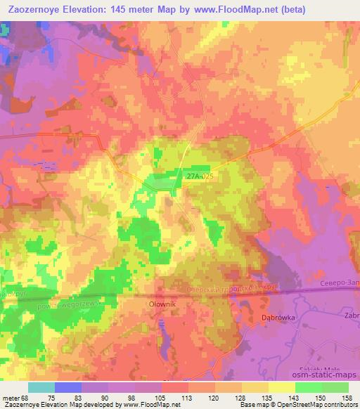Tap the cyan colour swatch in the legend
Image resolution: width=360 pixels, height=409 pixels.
[41, 387]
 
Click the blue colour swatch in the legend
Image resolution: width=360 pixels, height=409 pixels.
[68, 387]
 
